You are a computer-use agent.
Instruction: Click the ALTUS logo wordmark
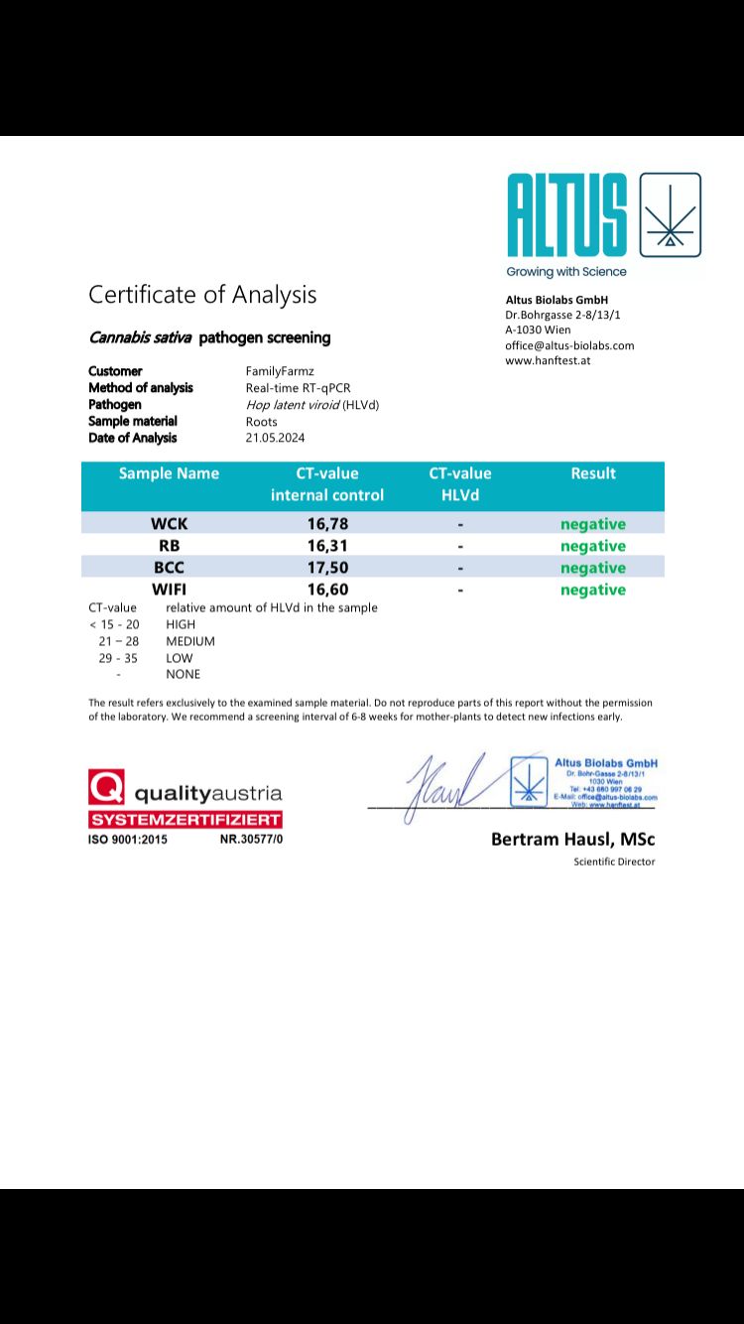(x=566, y=216)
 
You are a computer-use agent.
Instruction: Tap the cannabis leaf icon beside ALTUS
(x=671, y=215)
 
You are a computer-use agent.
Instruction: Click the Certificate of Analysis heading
(x=202, y=295)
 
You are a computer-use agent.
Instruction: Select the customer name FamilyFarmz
(x=280, y=371)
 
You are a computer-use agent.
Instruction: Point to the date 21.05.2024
(x=275, y=438)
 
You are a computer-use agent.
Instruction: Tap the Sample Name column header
(x=169, y=473)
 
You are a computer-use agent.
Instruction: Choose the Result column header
(x=593, y=473)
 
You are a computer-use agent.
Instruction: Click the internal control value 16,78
(x=327, y=524)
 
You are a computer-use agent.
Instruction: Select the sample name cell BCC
(x=169, y=568)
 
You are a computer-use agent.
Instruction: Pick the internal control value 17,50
(x=327, y=568)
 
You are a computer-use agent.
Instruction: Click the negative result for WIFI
(x=593, y=590)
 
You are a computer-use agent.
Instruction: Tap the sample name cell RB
(x=169, y=546)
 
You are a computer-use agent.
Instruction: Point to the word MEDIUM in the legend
(x=190, y=641)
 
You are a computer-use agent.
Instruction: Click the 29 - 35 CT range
(x=118, y=658)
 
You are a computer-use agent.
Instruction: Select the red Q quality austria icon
(x=106, y=787)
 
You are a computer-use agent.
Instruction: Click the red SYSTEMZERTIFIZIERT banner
(x=186, y=820)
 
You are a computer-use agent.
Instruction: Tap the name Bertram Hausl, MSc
(x=572, y=840)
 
